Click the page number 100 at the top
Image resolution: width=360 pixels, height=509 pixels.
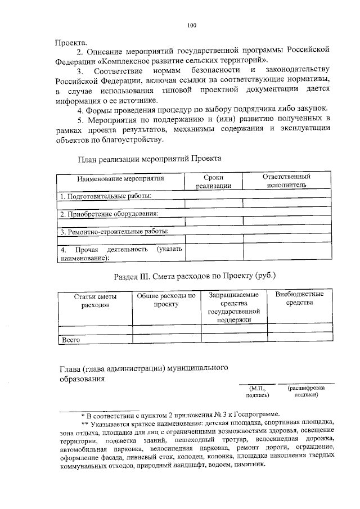(191, 25)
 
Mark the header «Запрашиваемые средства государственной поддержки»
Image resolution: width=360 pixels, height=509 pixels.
(233, 307)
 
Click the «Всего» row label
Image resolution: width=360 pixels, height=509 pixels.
(70, 340)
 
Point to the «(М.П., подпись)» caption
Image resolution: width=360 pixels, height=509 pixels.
(258, 391)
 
